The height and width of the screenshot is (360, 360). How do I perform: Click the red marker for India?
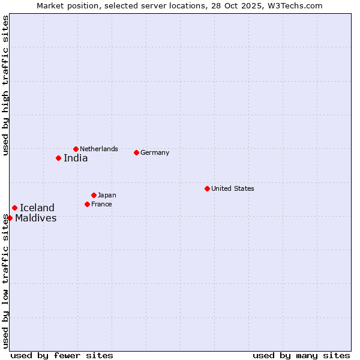click(58, 158)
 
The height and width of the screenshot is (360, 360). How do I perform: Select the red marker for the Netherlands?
click(76, 149)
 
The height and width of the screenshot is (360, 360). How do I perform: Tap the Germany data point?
click(136, 152)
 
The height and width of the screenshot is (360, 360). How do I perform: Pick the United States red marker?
click(207, 188)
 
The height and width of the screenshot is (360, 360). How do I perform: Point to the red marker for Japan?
click(94, 195)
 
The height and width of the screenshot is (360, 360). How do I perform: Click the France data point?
click(87, 204)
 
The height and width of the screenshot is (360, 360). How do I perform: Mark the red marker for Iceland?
click(14, 208)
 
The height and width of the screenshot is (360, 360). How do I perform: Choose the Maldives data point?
click(10, 218)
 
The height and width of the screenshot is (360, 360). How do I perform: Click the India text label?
click(76, 158)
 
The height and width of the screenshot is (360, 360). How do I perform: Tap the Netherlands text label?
click(99, 149)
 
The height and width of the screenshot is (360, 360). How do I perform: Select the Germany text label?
click(155, 152)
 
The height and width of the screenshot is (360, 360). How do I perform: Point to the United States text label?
click(233, 188)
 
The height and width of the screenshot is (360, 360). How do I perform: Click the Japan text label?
click(107, 195)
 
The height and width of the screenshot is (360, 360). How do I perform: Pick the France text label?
click(101, 204)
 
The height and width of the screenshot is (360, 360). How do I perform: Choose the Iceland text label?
click(37, 208)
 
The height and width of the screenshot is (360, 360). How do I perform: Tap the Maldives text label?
click(36, 218)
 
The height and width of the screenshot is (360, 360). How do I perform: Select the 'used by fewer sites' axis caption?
click(62, 355)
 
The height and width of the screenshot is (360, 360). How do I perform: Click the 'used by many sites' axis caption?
click(301, 355)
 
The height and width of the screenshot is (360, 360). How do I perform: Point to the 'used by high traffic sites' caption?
click(5, 85)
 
